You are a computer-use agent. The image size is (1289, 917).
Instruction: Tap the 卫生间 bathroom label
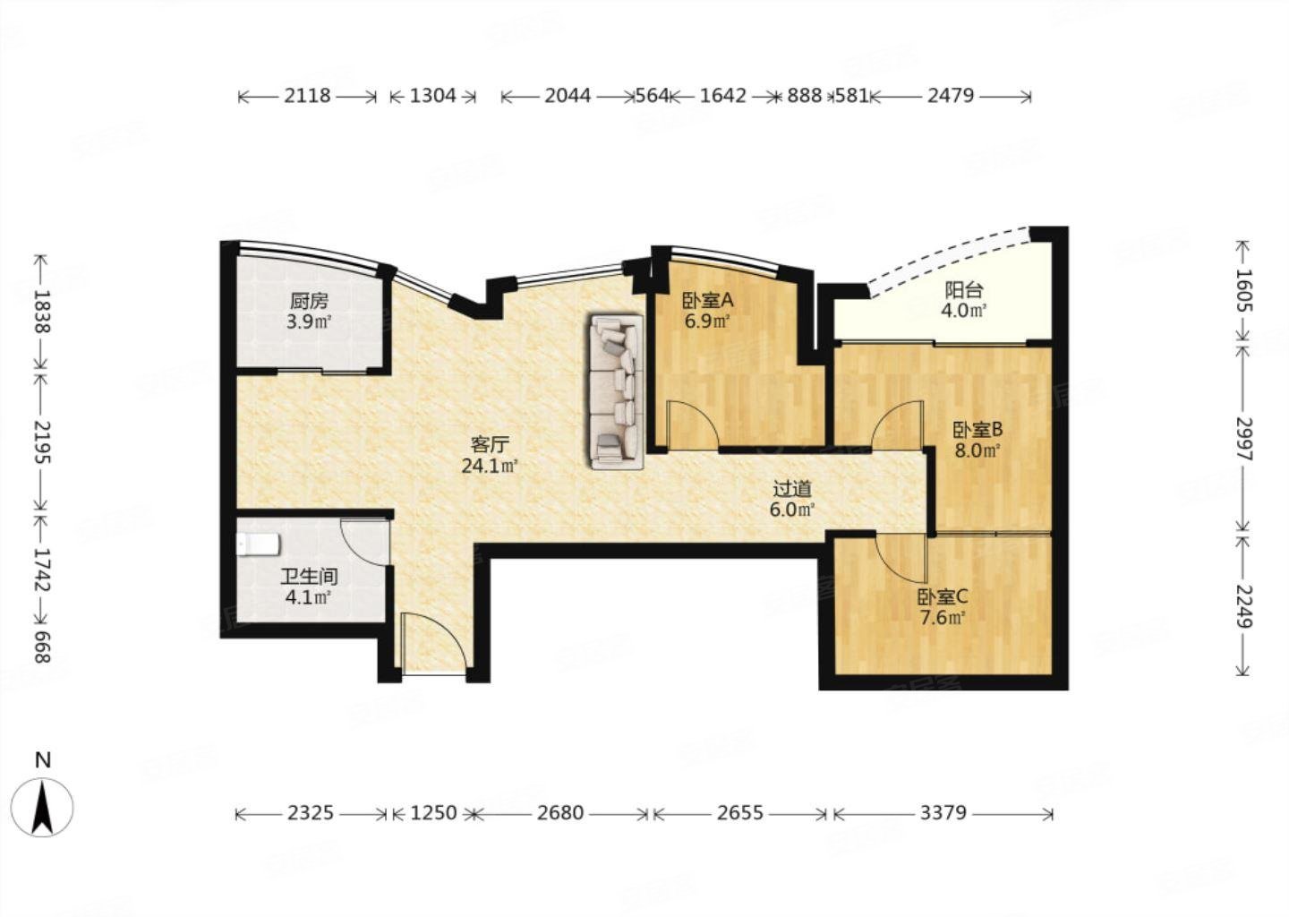[309, 576]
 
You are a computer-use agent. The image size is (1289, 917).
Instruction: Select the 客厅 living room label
[491, 444]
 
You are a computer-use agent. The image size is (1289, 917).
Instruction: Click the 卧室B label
[978, 430]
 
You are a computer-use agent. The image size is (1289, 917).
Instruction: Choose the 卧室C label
[943, 597]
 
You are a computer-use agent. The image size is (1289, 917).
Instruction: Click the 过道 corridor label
[792, 489]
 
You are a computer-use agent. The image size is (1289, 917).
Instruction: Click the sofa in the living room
[616, 391]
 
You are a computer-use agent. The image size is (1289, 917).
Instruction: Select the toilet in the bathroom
[259, 544]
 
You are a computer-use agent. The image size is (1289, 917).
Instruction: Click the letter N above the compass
[43, 760]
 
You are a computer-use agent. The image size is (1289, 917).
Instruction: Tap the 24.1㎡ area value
[491, 466]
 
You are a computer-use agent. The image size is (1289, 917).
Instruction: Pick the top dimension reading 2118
[307, 96]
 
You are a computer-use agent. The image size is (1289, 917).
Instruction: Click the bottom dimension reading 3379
[943, 813]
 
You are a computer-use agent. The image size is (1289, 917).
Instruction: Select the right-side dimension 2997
[1243, 439]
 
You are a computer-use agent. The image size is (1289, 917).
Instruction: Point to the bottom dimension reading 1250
[432, 813]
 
